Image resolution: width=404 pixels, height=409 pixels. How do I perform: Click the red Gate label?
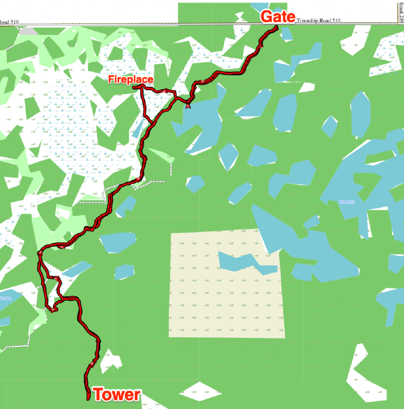click(277, 17)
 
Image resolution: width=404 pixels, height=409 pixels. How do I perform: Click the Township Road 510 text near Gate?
click(318, 21)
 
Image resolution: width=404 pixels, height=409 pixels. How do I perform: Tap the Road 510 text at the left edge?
click(9, 22)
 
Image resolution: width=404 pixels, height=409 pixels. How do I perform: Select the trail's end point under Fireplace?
click(135, 87)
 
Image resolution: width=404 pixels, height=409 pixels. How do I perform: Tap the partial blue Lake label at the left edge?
click(5, 298)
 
